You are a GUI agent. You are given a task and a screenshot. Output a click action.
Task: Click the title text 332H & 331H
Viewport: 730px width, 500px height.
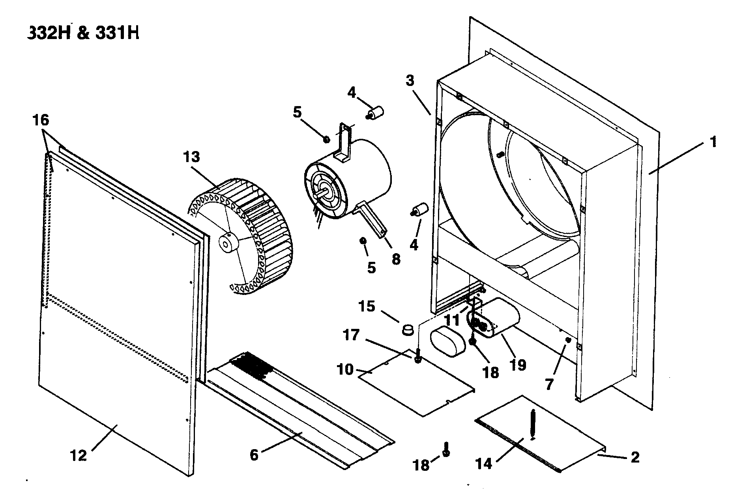(x=83, y=33)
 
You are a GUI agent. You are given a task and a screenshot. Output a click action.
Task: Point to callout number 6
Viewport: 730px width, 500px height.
(x=254, y=455)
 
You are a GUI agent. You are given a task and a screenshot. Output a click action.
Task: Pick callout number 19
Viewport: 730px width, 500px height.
(x=518, y=365)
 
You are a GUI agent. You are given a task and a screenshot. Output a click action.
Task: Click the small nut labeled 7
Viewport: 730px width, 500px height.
(x=568, y=340)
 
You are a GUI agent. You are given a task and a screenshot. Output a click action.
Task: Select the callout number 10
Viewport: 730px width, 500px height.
(x=345, y=370)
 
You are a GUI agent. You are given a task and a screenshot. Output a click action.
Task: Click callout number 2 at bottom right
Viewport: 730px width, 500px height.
(x=635, y=457)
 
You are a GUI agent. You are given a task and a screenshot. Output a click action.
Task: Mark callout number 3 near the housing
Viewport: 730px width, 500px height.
(x=410, y=81)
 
